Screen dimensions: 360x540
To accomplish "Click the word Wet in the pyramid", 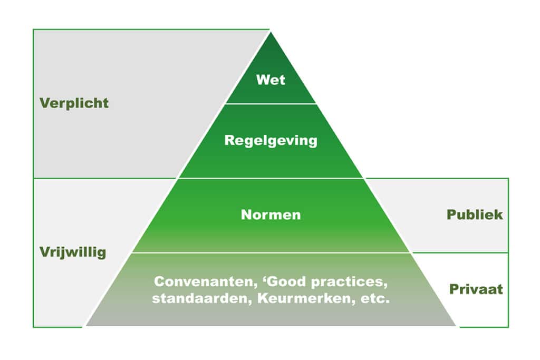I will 271,80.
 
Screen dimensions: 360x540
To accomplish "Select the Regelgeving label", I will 271,141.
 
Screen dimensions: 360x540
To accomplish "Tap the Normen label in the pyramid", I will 271,215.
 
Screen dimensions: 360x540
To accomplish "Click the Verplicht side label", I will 74,103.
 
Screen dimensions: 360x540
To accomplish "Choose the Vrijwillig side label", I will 73,252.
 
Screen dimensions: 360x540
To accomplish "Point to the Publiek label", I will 475,215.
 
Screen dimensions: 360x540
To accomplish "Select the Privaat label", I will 476,289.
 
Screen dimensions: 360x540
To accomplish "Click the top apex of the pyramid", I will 271,33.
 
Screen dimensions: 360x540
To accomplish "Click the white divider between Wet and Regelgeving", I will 271,104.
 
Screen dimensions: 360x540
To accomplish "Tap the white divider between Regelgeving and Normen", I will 271,178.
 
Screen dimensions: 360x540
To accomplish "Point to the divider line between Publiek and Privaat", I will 459,252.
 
